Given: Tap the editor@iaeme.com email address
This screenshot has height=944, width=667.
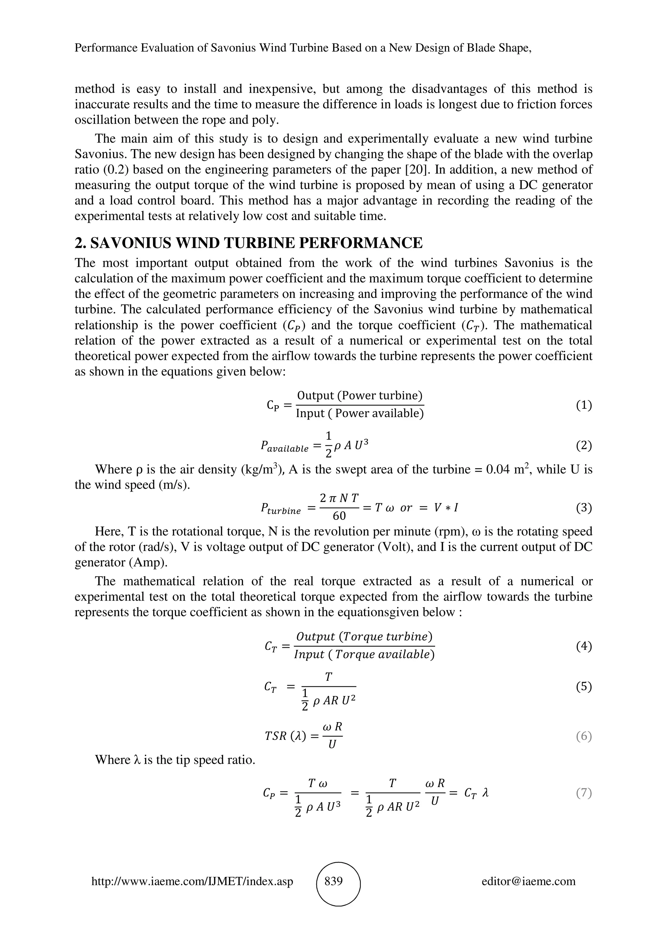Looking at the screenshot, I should pos(529,881).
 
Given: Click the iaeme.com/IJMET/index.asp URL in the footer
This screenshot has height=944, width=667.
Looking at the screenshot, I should pos(192,881).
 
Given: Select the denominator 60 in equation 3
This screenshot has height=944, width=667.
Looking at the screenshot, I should pos(339,516).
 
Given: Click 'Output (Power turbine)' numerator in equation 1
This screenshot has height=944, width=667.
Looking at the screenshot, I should pos(360,395).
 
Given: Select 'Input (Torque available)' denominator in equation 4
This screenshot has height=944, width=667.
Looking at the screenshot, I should pos(364,654).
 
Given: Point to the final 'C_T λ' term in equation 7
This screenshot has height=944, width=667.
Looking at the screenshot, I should pos(476,793).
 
